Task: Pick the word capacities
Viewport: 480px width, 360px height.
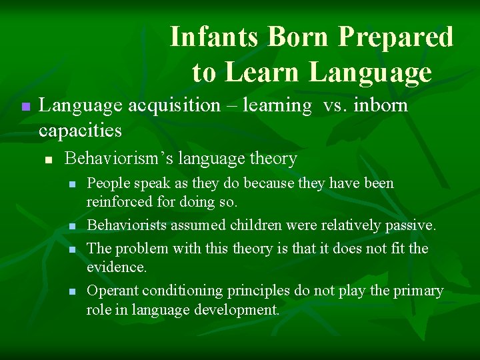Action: tap(80, 129)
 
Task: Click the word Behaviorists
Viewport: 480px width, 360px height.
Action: tap(127, 225)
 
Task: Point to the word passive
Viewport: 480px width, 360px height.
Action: tap(411, 225)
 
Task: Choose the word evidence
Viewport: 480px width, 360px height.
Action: tap(117, 267)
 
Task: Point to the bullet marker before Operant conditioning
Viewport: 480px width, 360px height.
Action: tap(73, 292)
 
